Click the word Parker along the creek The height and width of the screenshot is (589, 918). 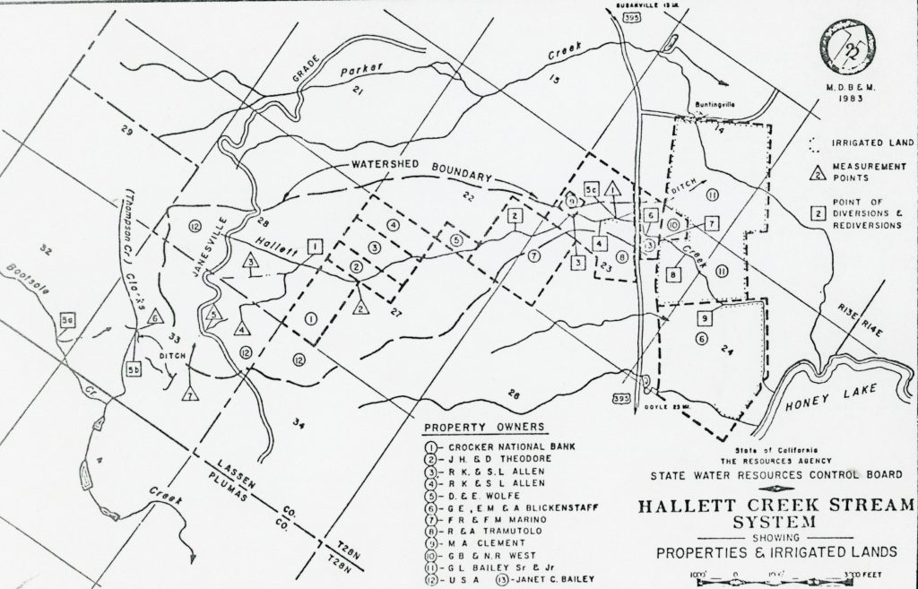click(x=362, y=69)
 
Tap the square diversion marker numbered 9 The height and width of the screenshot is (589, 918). click(x=706, y=317)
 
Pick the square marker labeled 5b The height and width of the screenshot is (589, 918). click(x=134, y=368)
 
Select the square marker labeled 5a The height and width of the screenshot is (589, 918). click(x=67, y=318)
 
